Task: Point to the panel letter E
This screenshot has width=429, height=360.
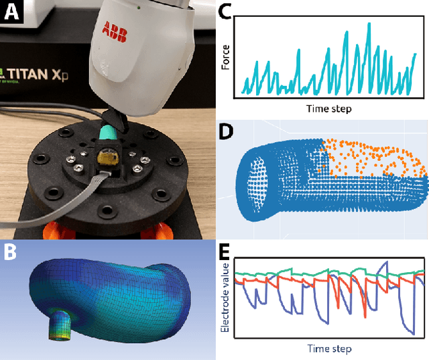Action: click(x=227, y=252)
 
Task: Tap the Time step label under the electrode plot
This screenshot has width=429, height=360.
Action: click(x=329, y=349)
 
